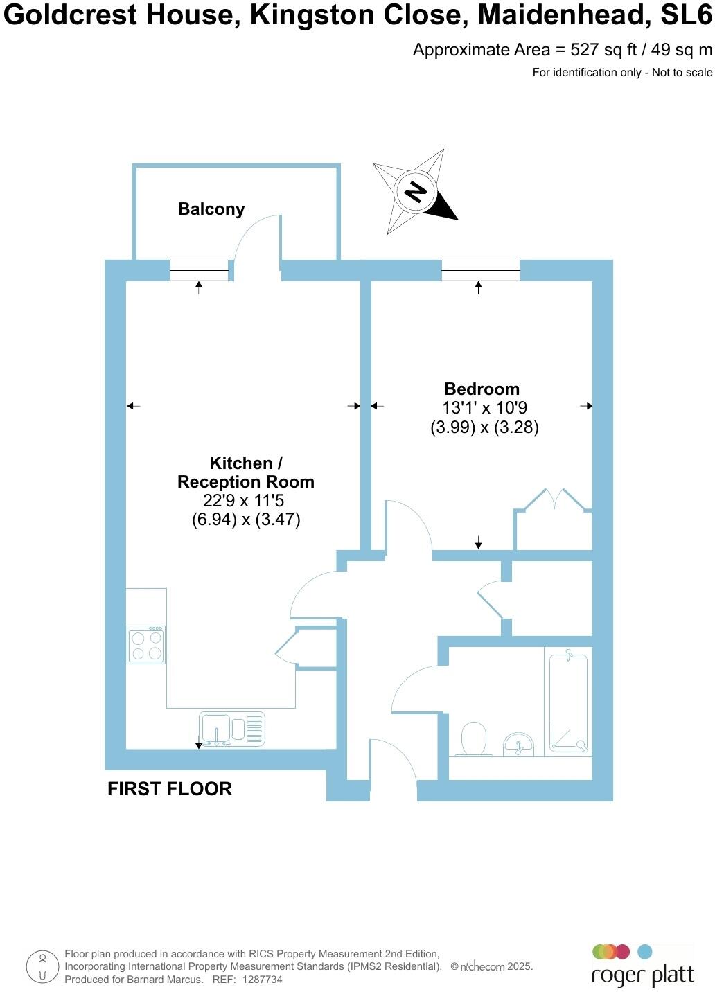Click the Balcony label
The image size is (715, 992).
click(x=211, y=209)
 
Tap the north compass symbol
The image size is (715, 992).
click(x=415, y=191)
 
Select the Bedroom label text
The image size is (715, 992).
click(x=482, y=389)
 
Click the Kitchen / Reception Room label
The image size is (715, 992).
click(x=245, y=472)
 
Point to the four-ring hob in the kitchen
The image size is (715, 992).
click(x=146, y=645)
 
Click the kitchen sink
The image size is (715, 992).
click(x=231, y=729)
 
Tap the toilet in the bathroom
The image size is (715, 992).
click(x=475, y=738)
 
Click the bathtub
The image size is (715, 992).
click(x=568, y=703)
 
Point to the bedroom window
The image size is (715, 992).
click(x=480, y=270)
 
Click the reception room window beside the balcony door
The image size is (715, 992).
click(x=199, y=270)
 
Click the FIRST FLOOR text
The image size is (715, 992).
click(x=170, y=788)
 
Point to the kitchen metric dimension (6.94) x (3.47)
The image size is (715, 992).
click(x=246, y=520)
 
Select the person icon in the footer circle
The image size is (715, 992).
click(x=42, y=966)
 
